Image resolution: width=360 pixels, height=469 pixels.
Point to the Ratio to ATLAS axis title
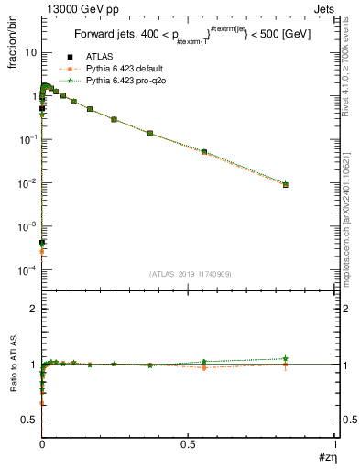[13, 366]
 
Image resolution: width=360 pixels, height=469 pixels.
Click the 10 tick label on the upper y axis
[30, 52]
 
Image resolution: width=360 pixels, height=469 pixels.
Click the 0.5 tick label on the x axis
[189, 444]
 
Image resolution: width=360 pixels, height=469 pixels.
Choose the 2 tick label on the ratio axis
[34, 309]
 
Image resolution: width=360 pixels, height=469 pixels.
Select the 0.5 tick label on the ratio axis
[30, 420]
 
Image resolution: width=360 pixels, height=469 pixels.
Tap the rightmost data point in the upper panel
[286, 184]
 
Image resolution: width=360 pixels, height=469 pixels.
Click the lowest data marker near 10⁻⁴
[42, 244]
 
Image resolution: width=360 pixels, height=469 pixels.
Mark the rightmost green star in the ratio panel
[286, 358]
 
